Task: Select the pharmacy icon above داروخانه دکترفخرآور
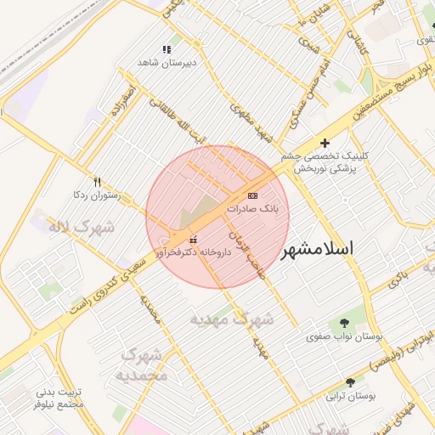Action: [192, 240]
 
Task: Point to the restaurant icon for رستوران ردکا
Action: [97, 182]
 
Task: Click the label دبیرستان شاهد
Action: [167, 63]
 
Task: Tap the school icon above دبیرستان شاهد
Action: [167, 49]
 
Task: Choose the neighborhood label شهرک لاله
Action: [55, 227]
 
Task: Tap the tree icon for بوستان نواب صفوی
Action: [344, 323]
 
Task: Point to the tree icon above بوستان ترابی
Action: [351, 383]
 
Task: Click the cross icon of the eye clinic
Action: [324, 143]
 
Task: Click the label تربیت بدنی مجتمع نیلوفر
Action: [59, 398]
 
